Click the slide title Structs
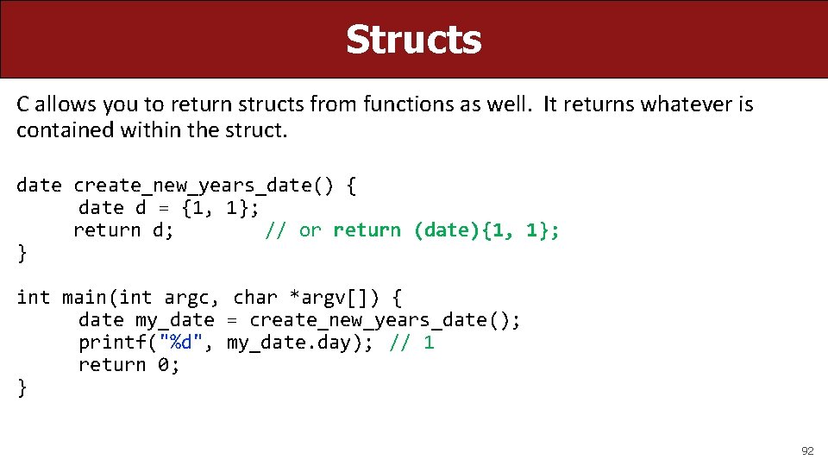pos(413,39)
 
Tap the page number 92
pos(807,450)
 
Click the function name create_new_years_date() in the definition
pos(209,185)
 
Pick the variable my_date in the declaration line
pos(174,320)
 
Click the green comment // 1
pos(411,342)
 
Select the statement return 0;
pos(129,364)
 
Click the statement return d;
pos(123,230)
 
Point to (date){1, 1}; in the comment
pos(486,230)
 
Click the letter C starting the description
pos(23,105)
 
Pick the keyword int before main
pos(33,298)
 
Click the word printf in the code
pos(112,342)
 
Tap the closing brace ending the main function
pos(22,387)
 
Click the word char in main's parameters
pos(254,298)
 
